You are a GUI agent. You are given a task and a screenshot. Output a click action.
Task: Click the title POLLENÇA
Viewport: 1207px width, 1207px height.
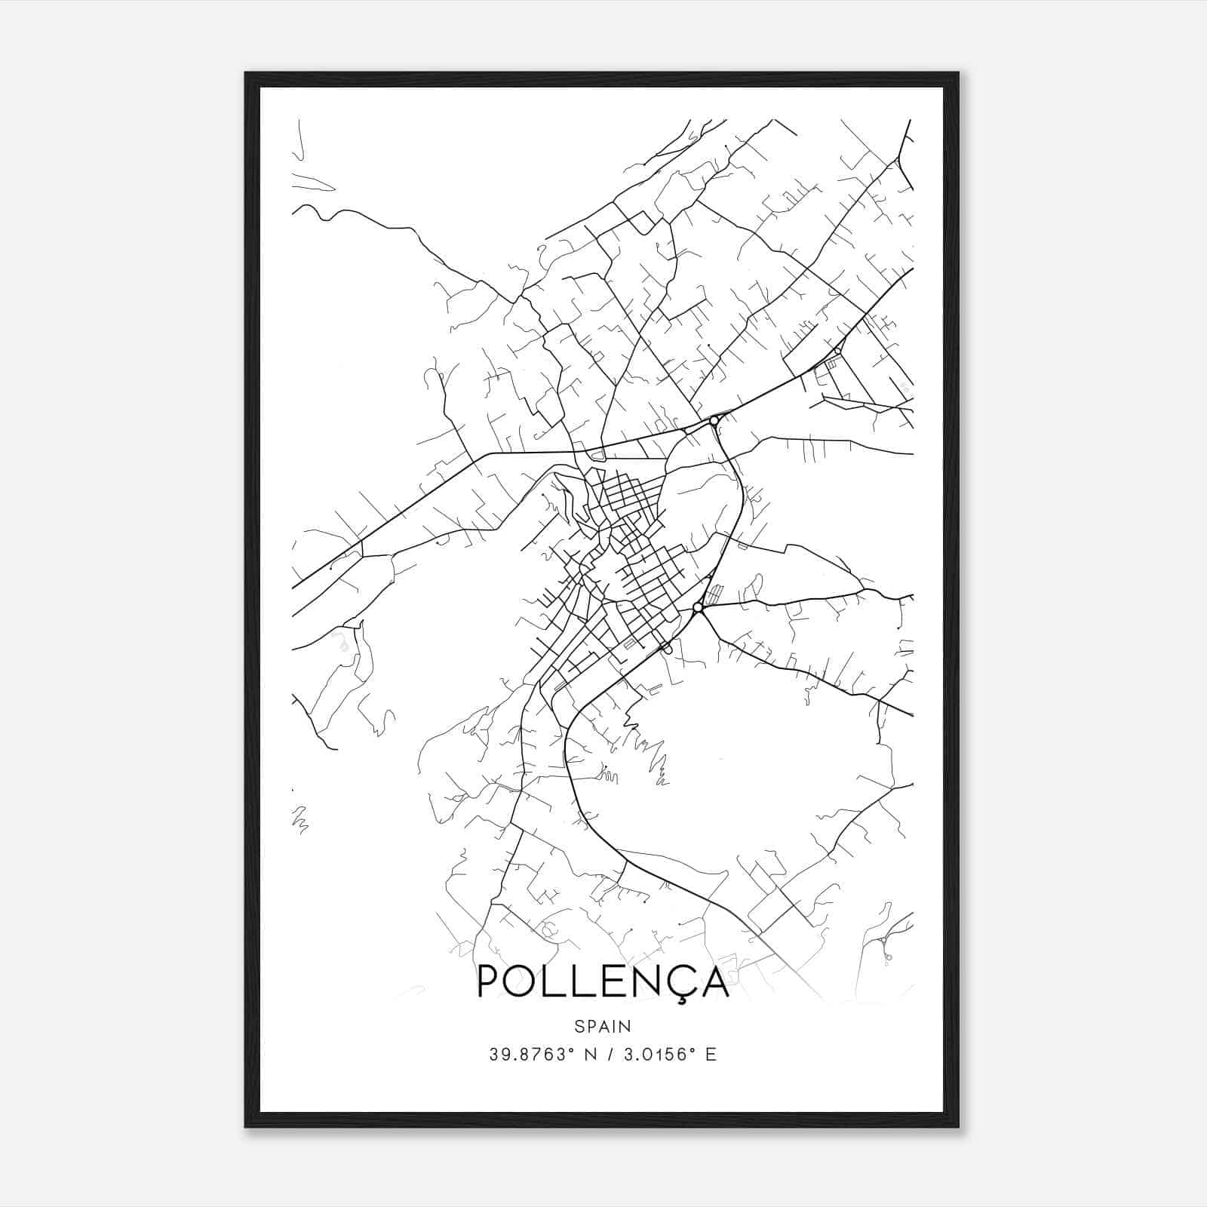click(603, 981)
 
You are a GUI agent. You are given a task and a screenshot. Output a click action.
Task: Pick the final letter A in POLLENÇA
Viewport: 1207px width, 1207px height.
click(714, 981)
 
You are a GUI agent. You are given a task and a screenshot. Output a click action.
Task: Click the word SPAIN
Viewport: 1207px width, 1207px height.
click(603, 1027)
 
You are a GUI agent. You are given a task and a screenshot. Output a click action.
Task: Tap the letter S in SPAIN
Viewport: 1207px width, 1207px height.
click(579, 1027)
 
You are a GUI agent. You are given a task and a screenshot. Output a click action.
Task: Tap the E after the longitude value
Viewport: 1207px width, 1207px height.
click(711, 1055)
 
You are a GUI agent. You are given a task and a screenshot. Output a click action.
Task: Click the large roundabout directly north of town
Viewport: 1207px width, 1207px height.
click(714, 420)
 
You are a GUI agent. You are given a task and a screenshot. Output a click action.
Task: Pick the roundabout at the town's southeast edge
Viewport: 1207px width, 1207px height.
click(698, 607)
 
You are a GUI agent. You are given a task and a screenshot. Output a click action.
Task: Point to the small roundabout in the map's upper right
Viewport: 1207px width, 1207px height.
click(837, 351)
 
